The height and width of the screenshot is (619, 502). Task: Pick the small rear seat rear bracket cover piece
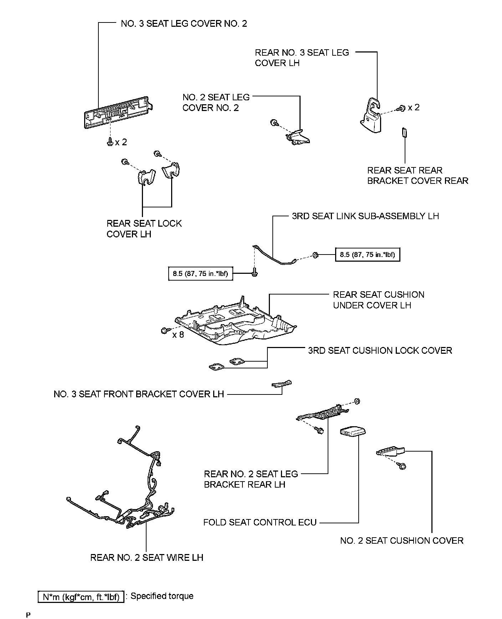405,132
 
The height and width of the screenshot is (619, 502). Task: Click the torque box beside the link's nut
367,255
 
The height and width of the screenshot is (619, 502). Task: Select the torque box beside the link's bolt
200,274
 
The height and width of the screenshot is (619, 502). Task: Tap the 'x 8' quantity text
178,335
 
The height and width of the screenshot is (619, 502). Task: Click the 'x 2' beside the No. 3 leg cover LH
414,107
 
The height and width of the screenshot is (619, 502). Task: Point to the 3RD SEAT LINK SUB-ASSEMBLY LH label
365,216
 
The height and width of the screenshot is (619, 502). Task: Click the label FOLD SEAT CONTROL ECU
260,523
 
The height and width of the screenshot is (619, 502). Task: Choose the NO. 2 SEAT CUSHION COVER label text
401,540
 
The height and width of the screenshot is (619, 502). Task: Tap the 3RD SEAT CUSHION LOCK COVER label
380,351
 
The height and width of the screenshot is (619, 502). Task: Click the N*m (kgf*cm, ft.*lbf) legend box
81,597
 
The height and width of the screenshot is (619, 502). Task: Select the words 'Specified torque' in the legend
162,596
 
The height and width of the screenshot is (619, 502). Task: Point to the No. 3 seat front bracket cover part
282,384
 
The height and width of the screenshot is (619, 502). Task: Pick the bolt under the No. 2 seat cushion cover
403,466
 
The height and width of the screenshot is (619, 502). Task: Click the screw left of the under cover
165,330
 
